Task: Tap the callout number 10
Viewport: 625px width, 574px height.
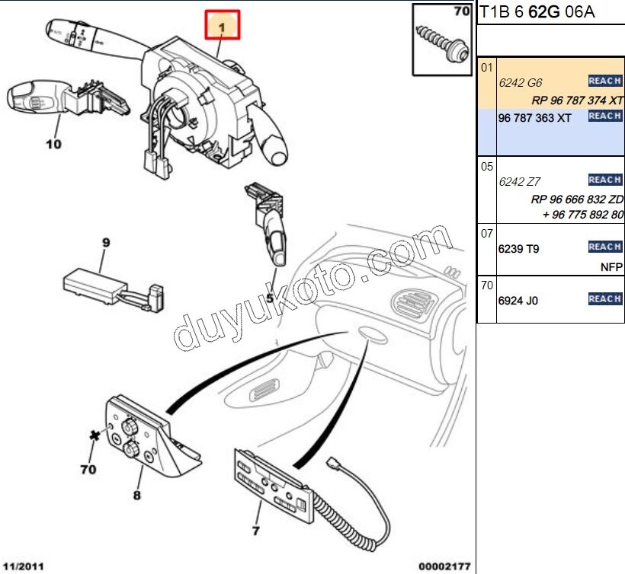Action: pos(53,143)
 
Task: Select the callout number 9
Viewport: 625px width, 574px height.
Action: pos(106,243)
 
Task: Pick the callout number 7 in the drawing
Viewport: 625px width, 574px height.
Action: pos(255,531)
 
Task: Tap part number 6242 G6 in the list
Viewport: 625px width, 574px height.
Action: pos(520,83)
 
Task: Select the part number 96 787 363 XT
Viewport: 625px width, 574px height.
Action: pos(534,118)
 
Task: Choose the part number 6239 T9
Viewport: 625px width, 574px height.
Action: pos(518,249)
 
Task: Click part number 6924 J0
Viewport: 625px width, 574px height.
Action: pos(518,301)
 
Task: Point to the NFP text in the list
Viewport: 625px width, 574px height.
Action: pos(611,267)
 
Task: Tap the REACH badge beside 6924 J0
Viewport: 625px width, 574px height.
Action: pos(604,299)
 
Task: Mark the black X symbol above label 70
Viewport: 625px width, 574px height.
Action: pos(95,435)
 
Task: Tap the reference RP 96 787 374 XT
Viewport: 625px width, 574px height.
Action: pos(577,100)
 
